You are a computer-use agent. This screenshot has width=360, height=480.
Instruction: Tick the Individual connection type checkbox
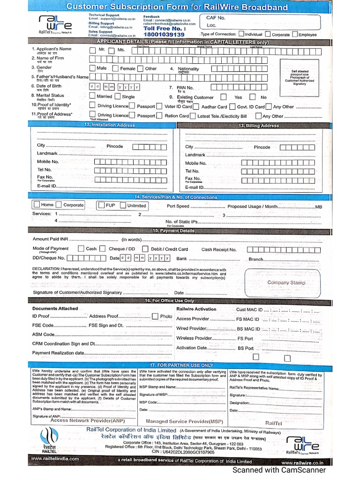[x=241, y=34]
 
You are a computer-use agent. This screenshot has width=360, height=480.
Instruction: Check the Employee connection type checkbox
[x=295, y=34]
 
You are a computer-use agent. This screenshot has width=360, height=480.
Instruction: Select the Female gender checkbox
[x=115, y=68]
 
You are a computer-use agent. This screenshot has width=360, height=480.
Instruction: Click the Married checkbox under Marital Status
[x=92, y=96]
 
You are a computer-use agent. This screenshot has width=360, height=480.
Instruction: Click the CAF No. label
[x=216, y=18]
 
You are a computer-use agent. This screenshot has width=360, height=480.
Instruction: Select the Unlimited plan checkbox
[x=123, y=205]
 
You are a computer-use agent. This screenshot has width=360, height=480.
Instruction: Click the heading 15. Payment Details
[x=173, y=231]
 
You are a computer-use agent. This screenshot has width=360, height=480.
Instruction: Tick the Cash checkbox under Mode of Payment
[x=81, y=249]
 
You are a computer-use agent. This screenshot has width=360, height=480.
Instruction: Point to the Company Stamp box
[x=286, y=283]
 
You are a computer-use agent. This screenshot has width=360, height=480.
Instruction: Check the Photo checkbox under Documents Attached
[x=155, y=316]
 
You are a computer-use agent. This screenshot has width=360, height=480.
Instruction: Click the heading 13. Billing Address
[x=259, y=126]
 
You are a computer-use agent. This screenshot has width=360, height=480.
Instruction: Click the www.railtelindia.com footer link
[x=55, y=459]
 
